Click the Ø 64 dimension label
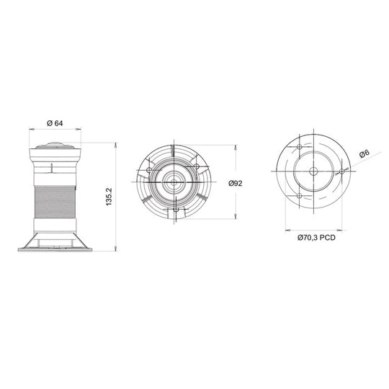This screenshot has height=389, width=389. coord(55,122)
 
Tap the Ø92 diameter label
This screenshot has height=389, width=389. coord(235,183)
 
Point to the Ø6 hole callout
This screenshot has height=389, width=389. coord(365,153)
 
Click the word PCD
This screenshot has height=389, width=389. coord(328,236)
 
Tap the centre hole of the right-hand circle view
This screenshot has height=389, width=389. coord(313,171)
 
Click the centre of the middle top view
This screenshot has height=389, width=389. coord(174,182)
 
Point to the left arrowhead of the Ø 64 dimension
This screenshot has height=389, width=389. coord(30,130)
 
